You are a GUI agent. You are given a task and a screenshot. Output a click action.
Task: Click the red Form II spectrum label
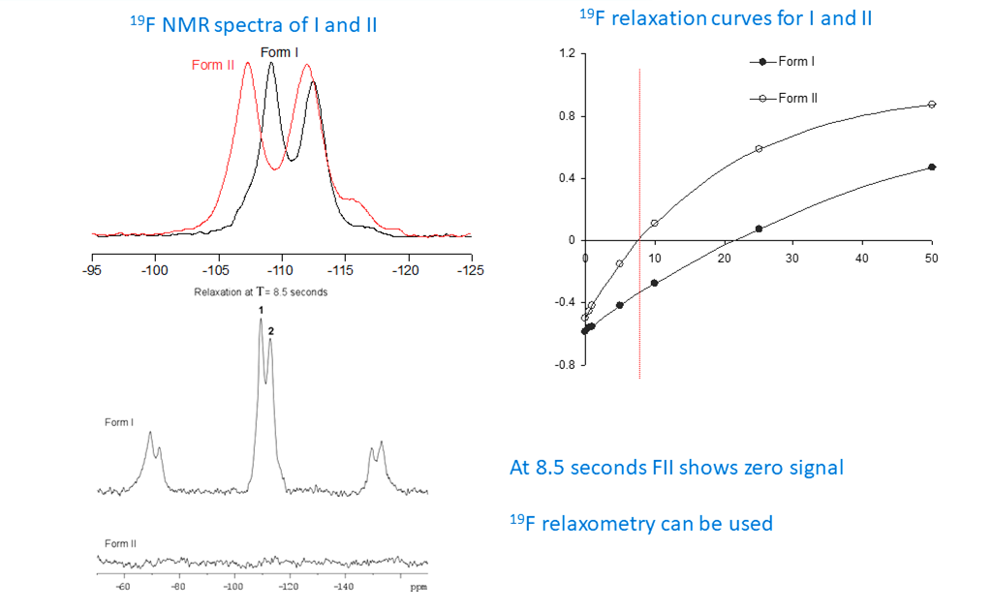[212, 65]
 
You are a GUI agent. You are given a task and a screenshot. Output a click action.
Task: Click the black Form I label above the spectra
[278, 51]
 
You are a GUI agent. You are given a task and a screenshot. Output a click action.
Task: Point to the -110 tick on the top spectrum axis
[281, 268]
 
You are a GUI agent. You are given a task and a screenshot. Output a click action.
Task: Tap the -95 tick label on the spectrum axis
[92, 268]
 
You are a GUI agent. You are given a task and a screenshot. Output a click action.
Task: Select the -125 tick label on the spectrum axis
[471, 268]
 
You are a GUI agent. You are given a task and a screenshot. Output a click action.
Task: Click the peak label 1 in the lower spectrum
[261, 310]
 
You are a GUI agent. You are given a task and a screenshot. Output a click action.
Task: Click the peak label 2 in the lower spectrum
[271, 331]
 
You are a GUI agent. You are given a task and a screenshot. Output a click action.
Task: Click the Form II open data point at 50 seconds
[932, 104]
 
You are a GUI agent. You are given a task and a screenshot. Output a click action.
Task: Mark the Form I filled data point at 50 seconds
[932, 167]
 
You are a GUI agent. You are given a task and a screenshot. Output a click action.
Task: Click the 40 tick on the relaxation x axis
[862, 259]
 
